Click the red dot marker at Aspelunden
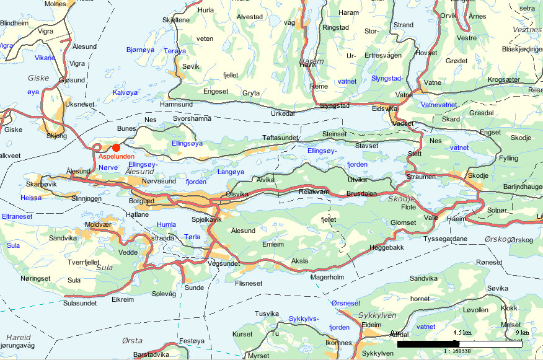tap(116, 147)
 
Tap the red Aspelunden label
tap(116, 157)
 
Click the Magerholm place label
tap(327, 277)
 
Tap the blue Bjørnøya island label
tap(140, 49)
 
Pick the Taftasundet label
tap(280, 138)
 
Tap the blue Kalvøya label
tap(125, 92)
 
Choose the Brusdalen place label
tap(361, 194)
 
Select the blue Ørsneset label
tap(345, 303)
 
